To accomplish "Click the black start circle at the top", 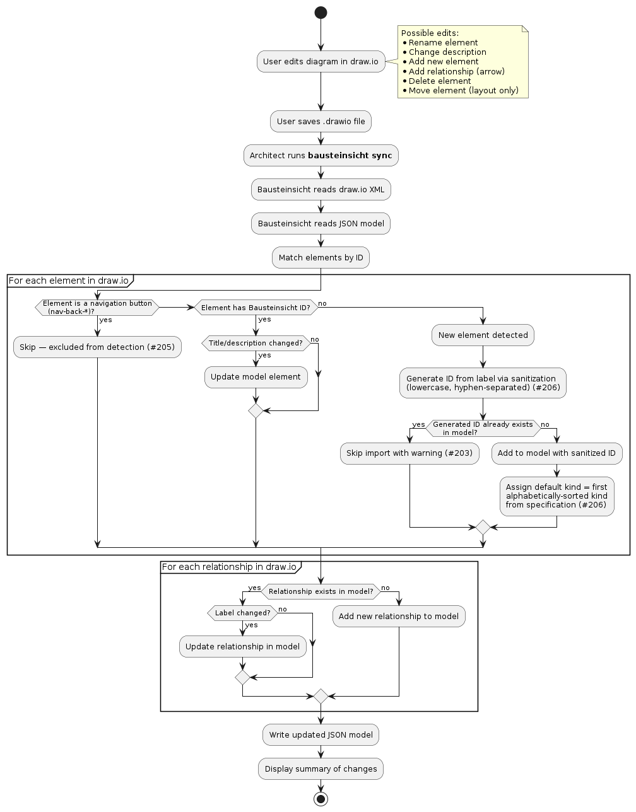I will point(321,13).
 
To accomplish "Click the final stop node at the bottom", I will point(321,799).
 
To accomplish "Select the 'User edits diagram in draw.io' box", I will point(321,62).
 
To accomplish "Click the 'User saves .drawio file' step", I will point(321,122).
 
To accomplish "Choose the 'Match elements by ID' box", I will point(321,258).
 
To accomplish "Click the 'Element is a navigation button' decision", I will point(97,308).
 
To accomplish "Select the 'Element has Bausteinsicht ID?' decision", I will point(256,308).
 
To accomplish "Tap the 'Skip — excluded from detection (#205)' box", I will point(97,347).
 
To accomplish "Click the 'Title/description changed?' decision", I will point(256,343).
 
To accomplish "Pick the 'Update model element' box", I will point(256,377).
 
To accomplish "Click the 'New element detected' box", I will point(483,335).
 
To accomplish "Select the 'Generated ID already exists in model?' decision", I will point(483,429).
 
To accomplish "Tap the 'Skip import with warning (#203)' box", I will point(409,453).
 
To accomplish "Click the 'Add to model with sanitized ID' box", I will point(556,453).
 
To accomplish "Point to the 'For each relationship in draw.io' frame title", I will point(229,567).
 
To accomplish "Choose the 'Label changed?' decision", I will point(242,613).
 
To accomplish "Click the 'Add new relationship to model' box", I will point(399,617).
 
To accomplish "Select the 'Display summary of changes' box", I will point(321,769).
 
